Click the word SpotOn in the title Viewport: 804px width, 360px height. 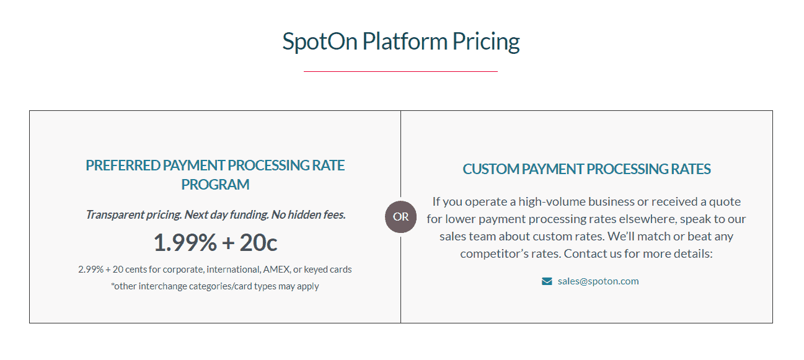click(x=320, y=42)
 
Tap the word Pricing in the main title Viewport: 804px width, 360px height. click(x=486, y=42)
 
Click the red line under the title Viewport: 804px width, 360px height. click(x=400, y=71)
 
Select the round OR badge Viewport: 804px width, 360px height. click(x=400, y=217)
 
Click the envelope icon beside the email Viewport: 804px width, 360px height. click(x=547, y=281)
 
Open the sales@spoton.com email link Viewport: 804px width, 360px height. click(x=598, y=281)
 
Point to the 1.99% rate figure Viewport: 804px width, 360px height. click(x=185, y=243)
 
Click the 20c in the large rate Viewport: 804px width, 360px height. click(x=258, y=243)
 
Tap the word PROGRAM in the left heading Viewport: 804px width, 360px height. click(x=215, y=185)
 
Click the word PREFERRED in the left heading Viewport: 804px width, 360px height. click(x=123, y=165)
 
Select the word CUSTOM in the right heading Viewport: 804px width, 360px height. click(x=491, y=169)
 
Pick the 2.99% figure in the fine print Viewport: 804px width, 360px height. click(x=91, y=270)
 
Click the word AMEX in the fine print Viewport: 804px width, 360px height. click(x=276, y=270)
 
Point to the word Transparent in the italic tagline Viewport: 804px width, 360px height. click(x=110, y=214)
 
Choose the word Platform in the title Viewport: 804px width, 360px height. click(x=405, y=42)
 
